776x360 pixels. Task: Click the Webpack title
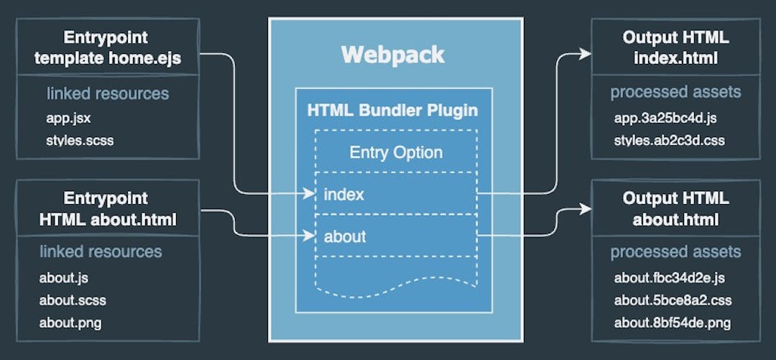392,55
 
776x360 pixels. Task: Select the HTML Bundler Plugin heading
392,111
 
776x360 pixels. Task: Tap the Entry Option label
396,152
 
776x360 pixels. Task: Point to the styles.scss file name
80,139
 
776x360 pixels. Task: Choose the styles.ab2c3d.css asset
670,139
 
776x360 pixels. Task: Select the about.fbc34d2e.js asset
670,277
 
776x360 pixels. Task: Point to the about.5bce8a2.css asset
673,300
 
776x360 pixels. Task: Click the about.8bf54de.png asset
673,322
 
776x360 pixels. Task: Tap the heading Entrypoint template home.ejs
107,48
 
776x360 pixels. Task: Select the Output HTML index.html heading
675,48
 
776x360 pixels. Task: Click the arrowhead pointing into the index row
311,193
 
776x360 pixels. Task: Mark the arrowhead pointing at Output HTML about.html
585,209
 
